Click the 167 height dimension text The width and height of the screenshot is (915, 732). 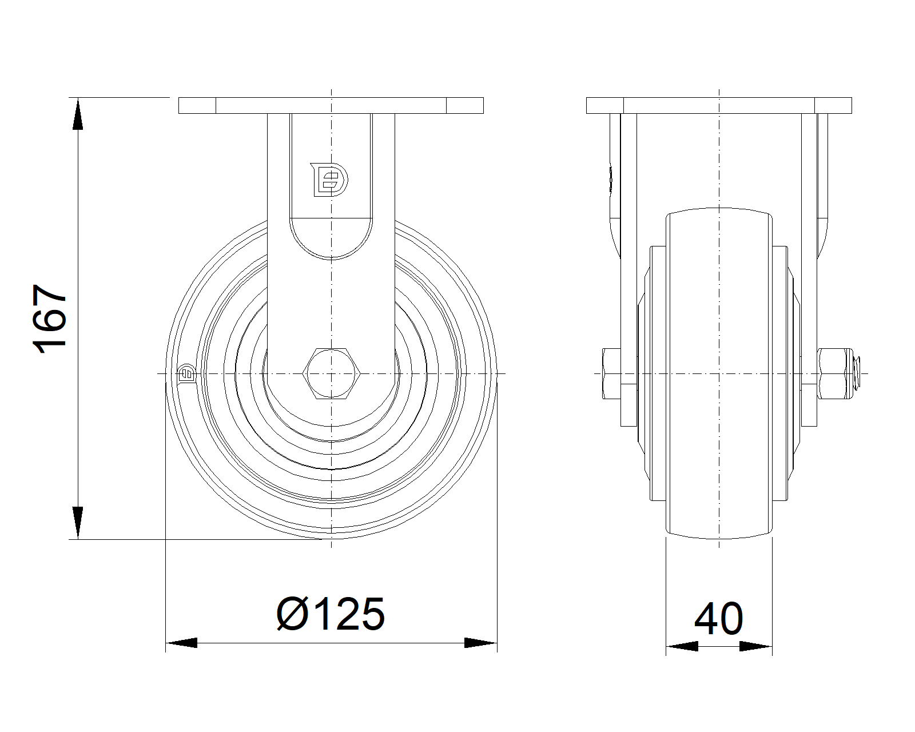tap(50, 319)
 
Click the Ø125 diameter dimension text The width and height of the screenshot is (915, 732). tap(331, 614)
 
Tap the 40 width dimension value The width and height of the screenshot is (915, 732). tap(719, 618)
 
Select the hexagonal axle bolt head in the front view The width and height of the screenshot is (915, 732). tap(331, 373)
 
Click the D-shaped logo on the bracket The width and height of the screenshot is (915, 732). tap(329, 180)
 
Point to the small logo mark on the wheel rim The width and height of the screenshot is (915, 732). tap(186, 374)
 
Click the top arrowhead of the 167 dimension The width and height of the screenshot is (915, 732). tap(78, 114)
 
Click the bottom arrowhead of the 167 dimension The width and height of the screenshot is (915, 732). tap(78, 523)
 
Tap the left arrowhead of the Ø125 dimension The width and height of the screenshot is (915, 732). tap(181, 643)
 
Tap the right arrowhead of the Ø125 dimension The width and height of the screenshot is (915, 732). tap(481, 643)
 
